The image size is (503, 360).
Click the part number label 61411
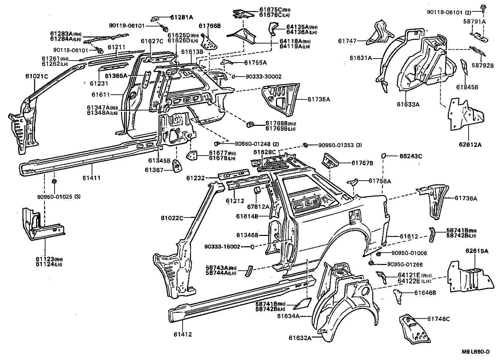coord(91,178)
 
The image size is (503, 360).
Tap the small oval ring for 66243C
coord(384,156)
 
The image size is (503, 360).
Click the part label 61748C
coord(438,319)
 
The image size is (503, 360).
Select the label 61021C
coord(37,76)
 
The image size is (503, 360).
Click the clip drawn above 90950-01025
coord(54,182)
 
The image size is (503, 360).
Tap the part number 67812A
coord(258,207)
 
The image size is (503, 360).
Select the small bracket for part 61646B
coord(397,296)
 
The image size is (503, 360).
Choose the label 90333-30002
coord(263,77)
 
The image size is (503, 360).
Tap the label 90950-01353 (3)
coord(339,145)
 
